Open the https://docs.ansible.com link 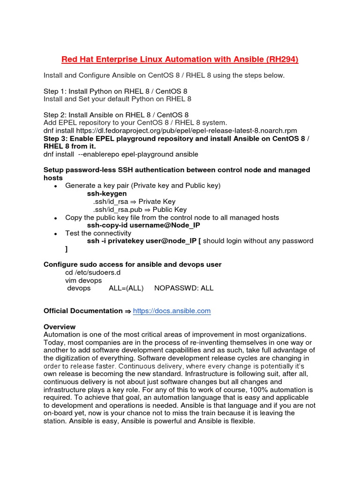tap(172, 311)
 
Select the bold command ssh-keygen tap(106, 194)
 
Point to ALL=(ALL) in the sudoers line tap(126, 288)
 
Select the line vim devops tap(83, 280)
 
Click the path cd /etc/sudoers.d tap(93, 272)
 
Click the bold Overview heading tap(60, 327)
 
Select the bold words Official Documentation tap(82, 311)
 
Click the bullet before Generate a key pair tap(56, 186)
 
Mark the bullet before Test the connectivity tap(56, 233)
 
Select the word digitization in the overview tap(76, 358)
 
